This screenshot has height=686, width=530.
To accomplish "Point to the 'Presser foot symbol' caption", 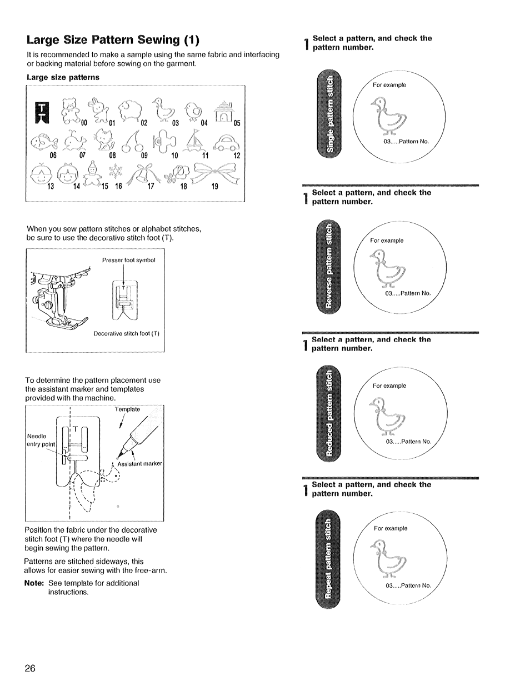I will click(x=128, y=260).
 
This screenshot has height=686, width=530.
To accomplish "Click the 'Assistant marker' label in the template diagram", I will click(x=139, y=463).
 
